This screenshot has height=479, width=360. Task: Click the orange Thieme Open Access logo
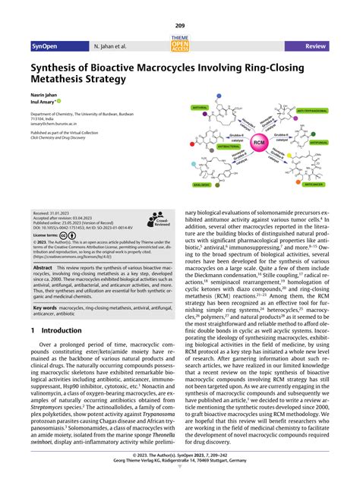pos(180,46)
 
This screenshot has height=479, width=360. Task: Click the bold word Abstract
pos(43,268)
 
